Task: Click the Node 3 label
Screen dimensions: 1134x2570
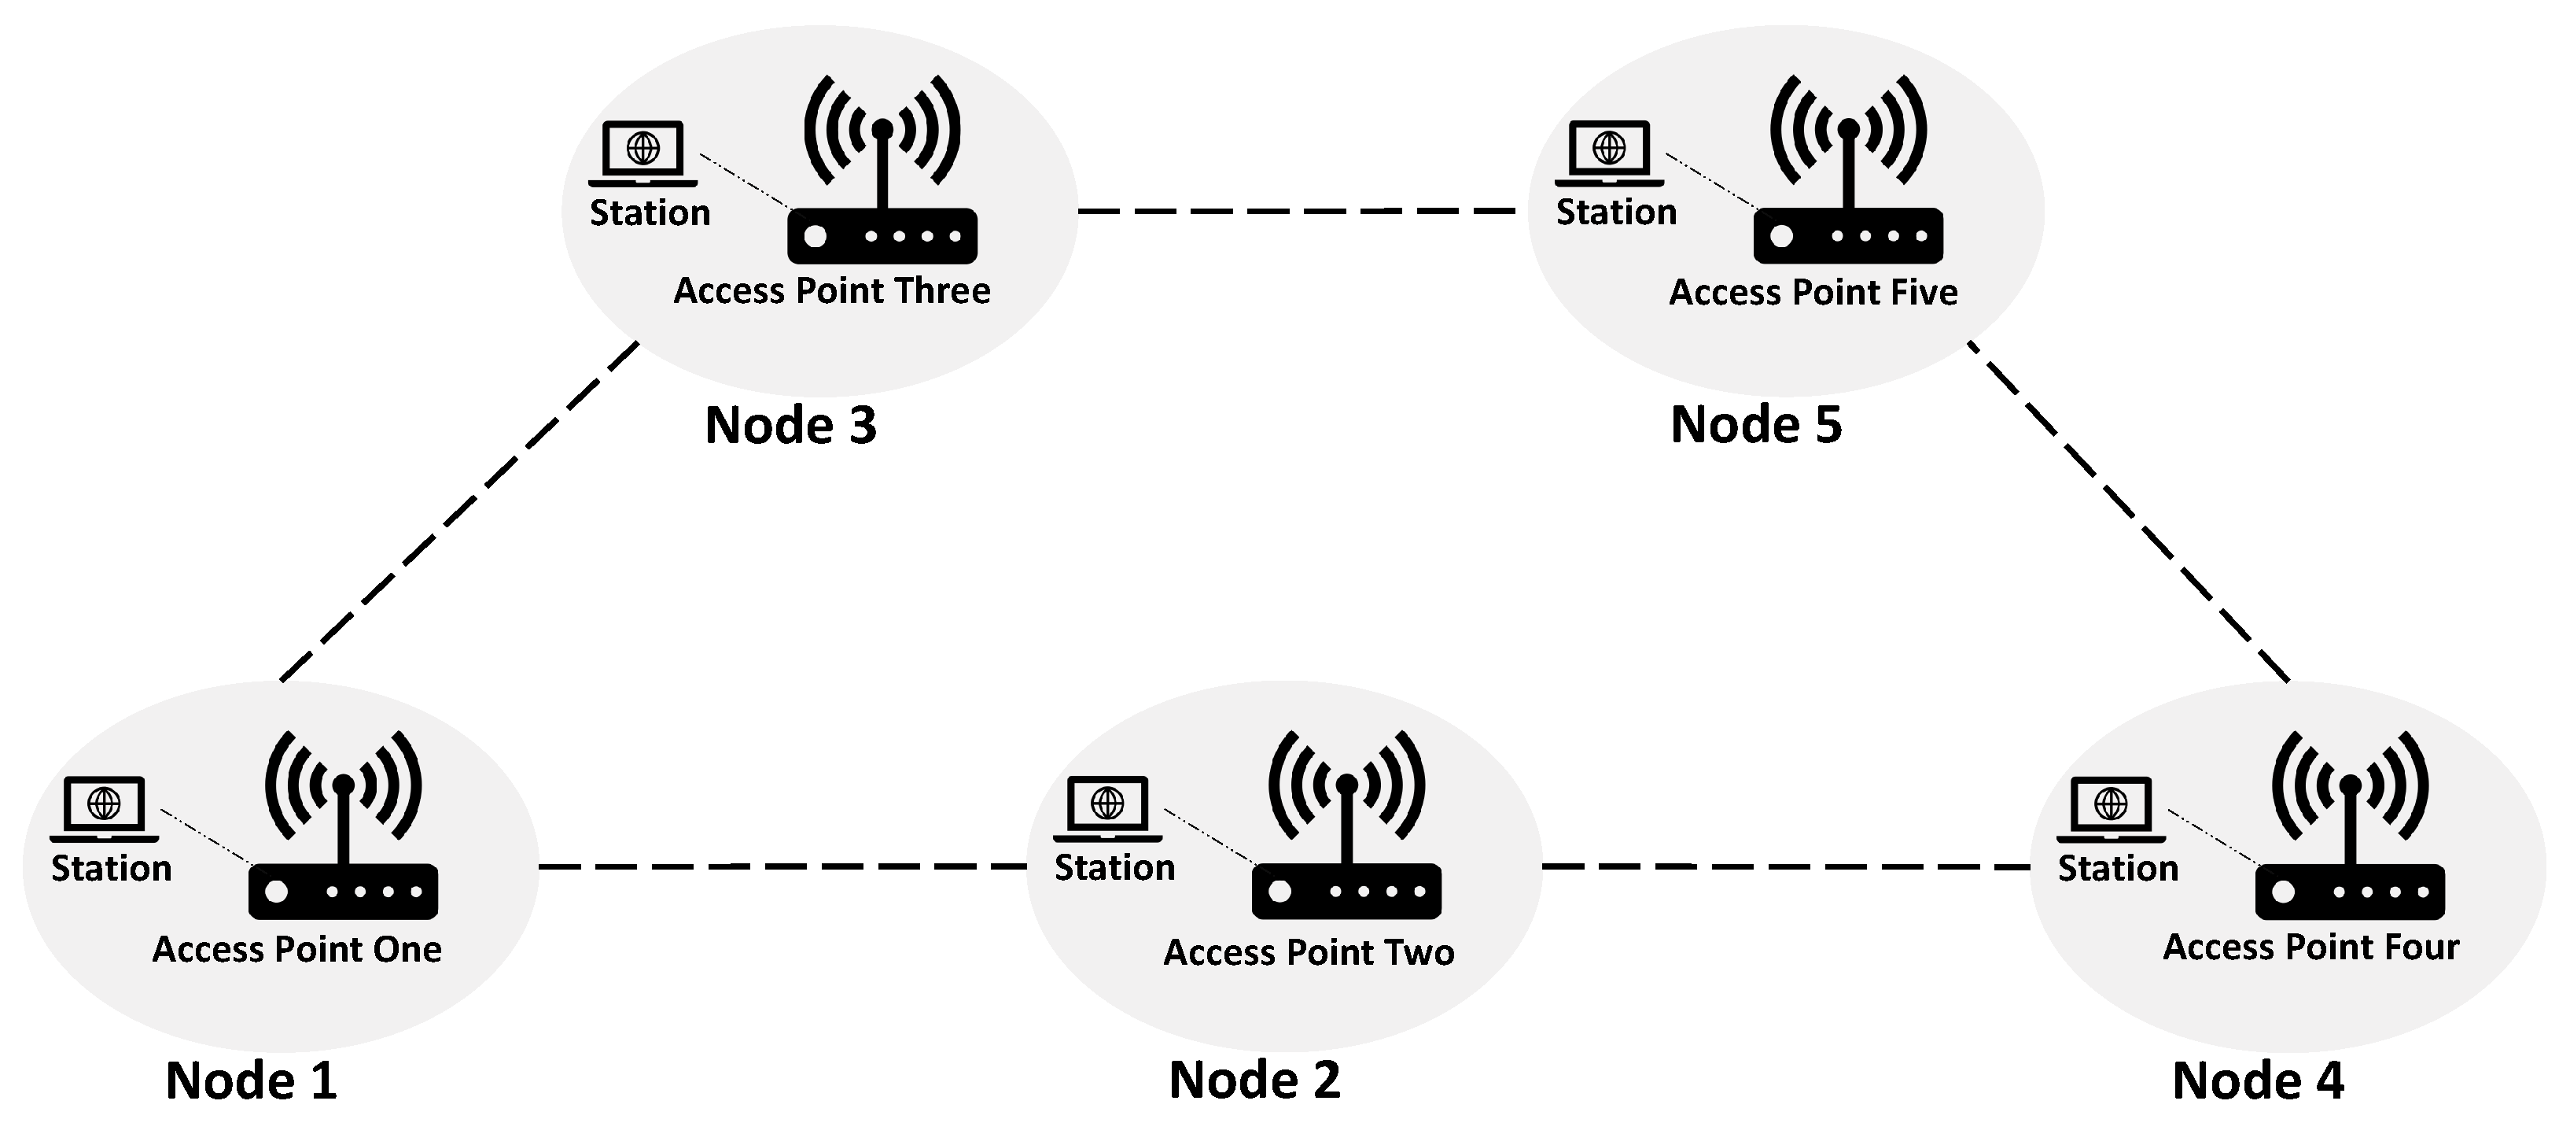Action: coord(790,425)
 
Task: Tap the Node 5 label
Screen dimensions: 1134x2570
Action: coord(1756,424)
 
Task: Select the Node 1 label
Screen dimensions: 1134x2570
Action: coord(252,1080)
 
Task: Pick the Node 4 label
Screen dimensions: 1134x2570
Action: coord(2258,1080)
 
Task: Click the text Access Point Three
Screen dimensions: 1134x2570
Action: coord(832,290)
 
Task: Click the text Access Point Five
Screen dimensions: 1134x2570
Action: coord(1813,293)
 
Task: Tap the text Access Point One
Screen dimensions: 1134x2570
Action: coord(296,948)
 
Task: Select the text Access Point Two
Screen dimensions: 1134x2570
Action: coord(1308,952)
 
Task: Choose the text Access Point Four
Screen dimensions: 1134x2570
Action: coord(2310,947)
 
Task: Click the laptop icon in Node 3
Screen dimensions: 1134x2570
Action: coord(642,153)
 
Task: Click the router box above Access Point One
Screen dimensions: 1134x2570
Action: coord(342,892)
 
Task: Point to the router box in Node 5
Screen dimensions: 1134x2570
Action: coord(1848,237)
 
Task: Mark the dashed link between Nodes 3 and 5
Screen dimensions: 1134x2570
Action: coord(1297,212)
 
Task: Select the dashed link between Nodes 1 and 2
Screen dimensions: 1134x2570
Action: coord(782,866)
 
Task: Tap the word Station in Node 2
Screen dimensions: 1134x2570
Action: coord(1114,867)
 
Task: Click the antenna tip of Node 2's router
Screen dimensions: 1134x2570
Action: coord(1347,784)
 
